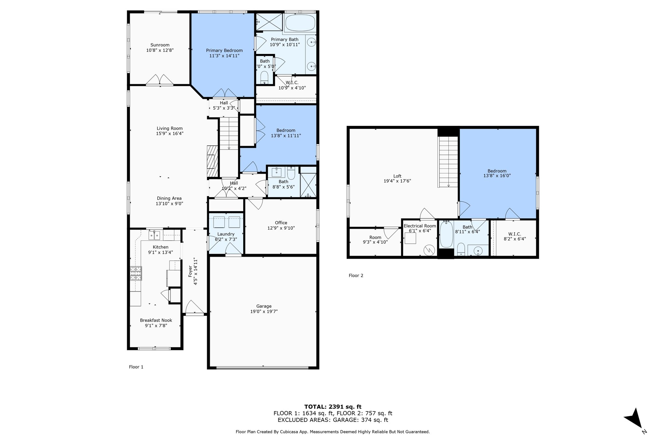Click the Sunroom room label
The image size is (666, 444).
[x=160, y=45]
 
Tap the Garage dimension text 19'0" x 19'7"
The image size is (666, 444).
[x=264, y=311]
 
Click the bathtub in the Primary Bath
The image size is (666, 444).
[x=300, y=22]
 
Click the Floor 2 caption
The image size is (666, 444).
[x=356, y=276]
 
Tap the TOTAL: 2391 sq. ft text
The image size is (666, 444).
[x=333, y=407]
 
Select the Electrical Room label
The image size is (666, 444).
[x=420, y=226]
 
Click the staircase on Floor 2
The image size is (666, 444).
[x=448, y=162]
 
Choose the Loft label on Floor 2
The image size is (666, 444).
[x=397, y=176]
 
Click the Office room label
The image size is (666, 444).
[x=281, y=223]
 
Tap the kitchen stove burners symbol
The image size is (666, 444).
[x=136, y=273]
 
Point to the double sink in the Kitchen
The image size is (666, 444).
[x=154, y=235]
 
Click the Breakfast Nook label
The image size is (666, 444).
[x=156, y=320]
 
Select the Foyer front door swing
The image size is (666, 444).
[x=194, y=307]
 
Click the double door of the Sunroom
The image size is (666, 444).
[x=159, y=80]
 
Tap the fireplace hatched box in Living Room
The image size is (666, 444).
[x=212, y=161]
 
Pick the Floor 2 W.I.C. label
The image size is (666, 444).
[x=514, y=234]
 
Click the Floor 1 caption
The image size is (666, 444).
[x=136, y=367]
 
